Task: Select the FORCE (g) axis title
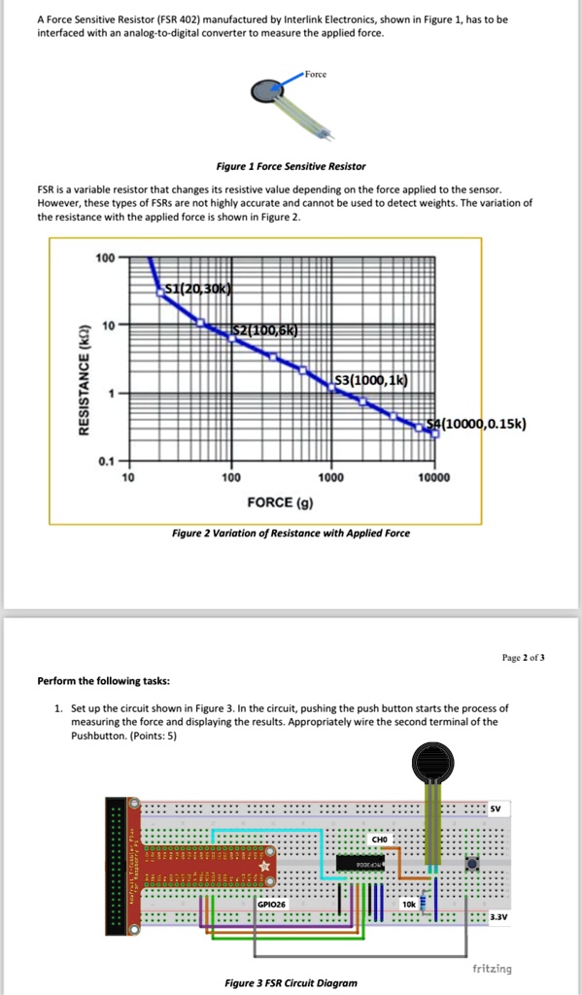pyautogui.click(x=281, y=501)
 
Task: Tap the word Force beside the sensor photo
pyautogui.click(x=317, y=74)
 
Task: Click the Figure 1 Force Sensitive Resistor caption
pyautogui.click(x=291, y=166)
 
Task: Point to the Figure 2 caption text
pyautogui.click(x=291, y=532)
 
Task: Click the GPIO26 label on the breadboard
pyautogui.click(x=271, y=904)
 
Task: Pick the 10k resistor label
pyautogui.click(x=408, y=904)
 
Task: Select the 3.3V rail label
pyautogui.click(x=498, y=915)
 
